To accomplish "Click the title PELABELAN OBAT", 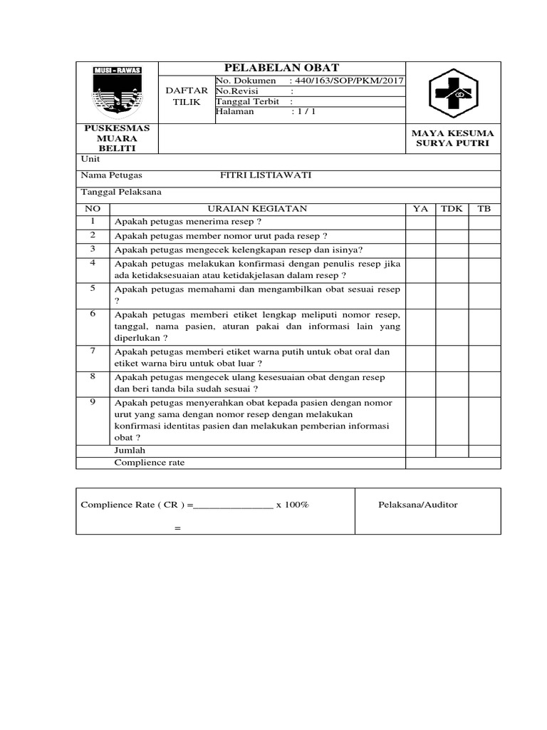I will [282, 68].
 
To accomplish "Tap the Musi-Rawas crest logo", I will [118, 91].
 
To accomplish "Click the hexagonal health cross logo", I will [453, 93].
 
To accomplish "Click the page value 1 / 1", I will [303, 112].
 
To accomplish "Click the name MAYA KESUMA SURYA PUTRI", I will [453, 139].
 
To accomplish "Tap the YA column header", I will [420, 208].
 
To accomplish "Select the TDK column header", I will [452, 208].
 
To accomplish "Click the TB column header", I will [484, 208].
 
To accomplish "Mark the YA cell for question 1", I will [420, 222].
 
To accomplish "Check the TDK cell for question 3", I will [452, 250].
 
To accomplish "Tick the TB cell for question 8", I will [484, 383].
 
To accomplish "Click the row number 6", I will [93, 314].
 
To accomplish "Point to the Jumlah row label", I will [130, 451].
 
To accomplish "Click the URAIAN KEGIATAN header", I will [257, 208].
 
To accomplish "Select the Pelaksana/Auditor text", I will [417, 505].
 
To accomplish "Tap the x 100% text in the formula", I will [292, 505].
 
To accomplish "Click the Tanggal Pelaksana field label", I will [121, 192].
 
